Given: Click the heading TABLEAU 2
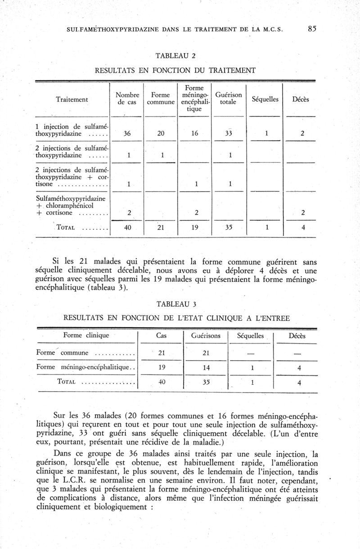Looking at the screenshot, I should [x=175, y=56].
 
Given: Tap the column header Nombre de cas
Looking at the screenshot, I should [x=127, y=98].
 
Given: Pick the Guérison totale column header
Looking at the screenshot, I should [x=229, y=98].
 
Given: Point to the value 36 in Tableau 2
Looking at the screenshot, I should [x=127, y=134].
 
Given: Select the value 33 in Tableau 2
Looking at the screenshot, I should [x=229, y=134].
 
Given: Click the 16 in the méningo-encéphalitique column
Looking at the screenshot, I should [x=194, y=134].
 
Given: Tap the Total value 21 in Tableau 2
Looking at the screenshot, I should [x=161, y=228].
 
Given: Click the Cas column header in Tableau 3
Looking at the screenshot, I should [x=161, y=336].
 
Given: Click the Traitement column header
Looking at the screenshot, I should [x=72, y=98].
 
